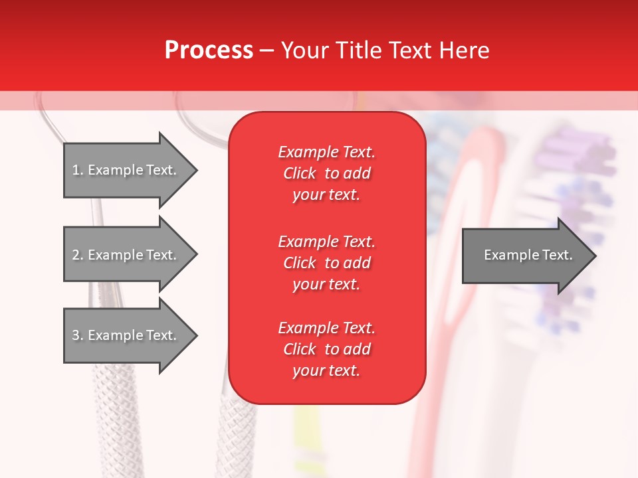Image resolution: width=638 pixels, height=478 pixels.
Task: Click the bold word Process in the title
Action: (x=209, y=50)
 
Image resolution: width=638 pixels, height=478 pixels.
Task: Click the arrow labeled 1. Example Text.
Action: (x=126, y=170)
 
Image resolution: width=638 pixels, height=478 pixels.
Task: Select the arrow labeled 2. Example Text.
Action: (x=126, y=255)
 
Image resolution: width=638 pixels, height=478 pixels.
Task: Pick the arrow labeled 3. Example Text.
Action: (x=126, y=335)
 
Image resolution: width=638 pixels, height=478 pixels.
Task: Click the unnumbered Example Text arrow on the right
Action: (x=525, y=255)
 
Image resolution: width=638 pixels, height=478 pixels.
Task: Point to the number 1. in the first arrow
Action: (x=77, y=170)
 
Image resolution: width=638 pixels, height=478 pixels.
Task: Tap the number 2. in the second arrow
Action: (x=77, y=255)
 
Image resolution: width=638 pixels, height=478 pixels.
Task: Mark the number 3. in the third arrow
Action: (x=77, y=335)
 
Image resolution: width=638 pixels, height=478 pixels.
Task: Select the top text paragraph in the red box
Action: (x=326, y=173)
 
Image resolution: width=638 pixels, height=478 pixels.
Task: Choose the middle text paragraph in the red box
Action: (x=326, y=263)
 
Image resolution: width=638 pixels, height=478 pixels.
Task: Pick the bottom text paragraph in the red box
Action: (x=326, y=349)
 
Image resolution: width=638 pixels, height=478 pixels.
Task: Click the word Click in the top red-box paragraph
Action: (x=299, y=173)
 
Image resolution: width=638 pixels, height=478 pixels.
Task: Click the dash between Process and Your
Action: (x=266, y=51)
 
